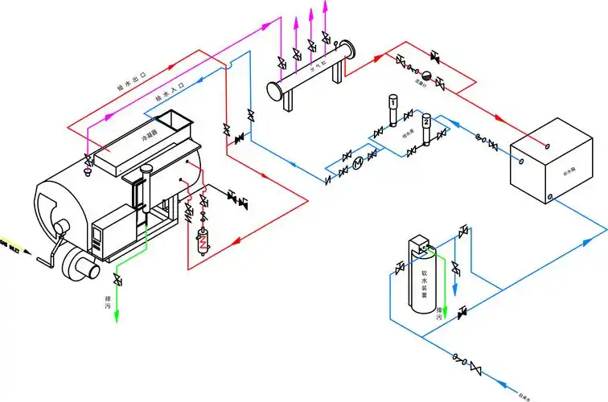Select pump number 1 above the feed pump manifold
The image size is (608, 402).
pyautogui.click(x=392, y=102)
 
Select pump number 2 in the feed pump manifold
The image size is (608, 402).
pyautogui.click(x=426, y=121)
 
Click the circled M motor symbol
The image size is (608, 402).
pyautogui.click(x=358, y=163)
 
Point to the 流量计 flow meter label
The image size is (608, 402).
pyautogui.click(x=419, y=81)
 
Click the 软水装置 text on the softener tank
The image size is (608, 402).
pyautogui.click(x=423, y=282)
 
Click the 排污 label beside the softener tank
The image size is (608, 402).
pyautogui.click(x=439, y=314)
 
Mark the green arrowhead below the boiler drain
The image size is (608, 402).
pyautogui.click(x=117, y=318)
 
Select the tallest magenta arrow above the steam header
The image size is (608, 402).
pyautogui.click(x=325, y=6)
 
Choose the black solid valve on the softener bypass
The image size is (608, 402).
pyautogui.click(x=462, y=311)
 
